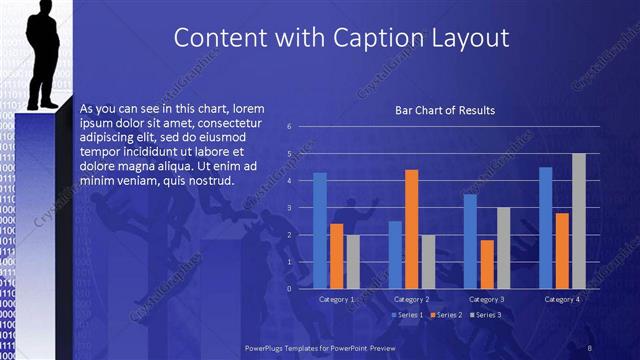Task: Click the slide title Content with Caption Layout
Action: pos(341,38)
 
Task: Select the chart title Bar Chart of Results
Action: pos(445,110)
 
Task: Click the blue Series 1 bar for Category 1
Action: pos(320,230)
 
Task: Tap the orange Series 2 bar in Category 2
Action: pos(411,229)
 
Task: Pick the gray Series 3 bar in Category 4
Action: pos(578,221)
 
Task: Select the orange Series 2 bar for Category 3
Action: pos(487,264)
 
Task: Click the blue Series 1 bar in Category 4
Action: pos(545,227)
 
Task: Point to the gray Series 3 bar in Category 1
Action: pos(353,261)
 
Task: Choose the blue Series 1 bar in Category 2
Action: pos(395,254)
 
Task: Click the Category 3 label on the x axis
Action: pos(487,299)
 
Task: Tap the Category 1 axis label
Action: pos(337,299)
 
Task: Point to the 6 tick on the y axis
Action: pos(289,127)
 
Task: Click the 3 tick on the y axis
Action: pos(289,207)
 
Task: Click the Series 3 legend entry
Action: pos(487,315)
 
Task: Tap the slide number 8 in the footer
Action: pos(590,346)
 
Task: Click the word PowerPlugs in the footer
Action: pos(265,346)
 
